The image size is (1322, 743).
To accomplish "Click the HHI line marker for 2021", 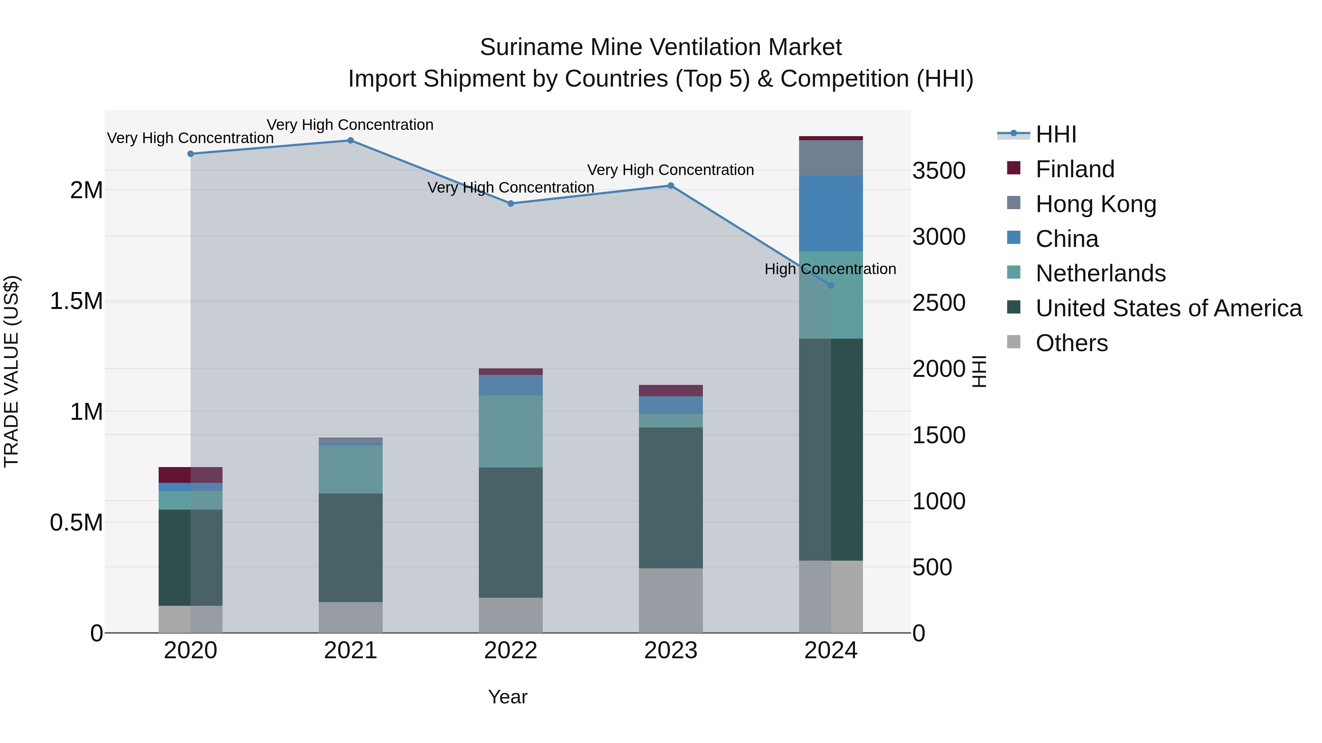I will pyautogui.click(x=351, y=141).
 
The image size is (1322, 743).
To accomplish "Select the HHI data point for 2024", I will pyautogui.click(x=831, y=285).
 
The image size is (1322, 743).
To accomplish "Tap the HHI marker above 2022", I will pyautogui.click(x=511, y=204).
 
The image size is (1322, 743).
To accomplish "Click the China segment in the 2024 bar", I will pyautogui.click(x=831, y=213).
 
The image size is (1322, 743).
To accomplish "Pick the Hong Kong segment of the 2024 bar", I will pyautogui.click(x=831, y=158).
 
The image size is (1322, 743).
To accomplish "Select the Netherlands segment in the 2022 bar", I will pyautogui.click(x=511, y=431).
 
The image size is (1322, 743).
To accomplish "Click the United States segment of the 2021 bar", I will pyautogui.click(x=351, y=548).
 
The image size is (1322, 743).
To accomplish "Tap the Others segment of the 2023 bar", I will pyautogui.click(x=671, y=600).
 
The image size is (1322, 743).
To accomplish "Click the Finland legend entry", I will pyautogui.click(x=1074, y=169).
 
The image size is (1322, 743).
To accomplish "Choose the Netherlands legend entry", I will pyautogui.click(x=1100, y=273).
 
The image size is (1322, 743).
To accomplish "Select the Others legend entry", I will pyautogui.click(x=1072, y=343).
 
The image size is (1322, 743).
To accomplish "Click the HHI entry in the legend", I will pyautogui.click(x=1056, y=134).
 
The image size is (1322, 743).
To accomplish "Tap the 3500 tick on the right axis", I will pyautogui.click(x=939, y=171).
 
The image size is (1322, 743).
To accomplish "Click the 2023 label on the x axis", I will pyautogui.click(x=671, y=651).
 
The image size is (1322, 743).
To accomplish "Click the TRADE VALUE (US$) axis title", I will pyautogui.click(x=12, y=371).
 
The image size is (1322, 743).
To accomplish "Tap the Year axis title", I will pyautogui.click(x=508, y=697).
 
